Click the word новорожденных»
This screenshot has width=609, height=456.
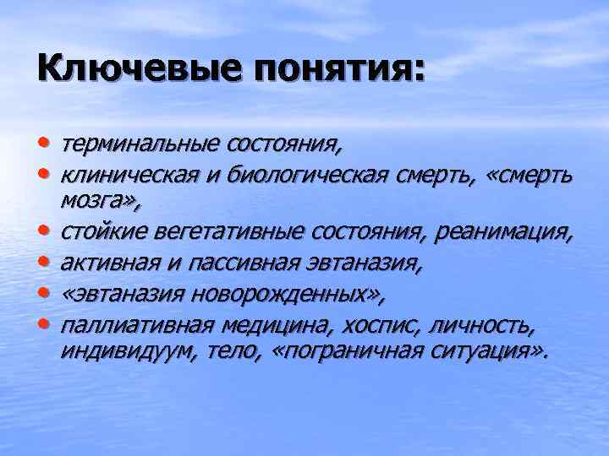[288, 295]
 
